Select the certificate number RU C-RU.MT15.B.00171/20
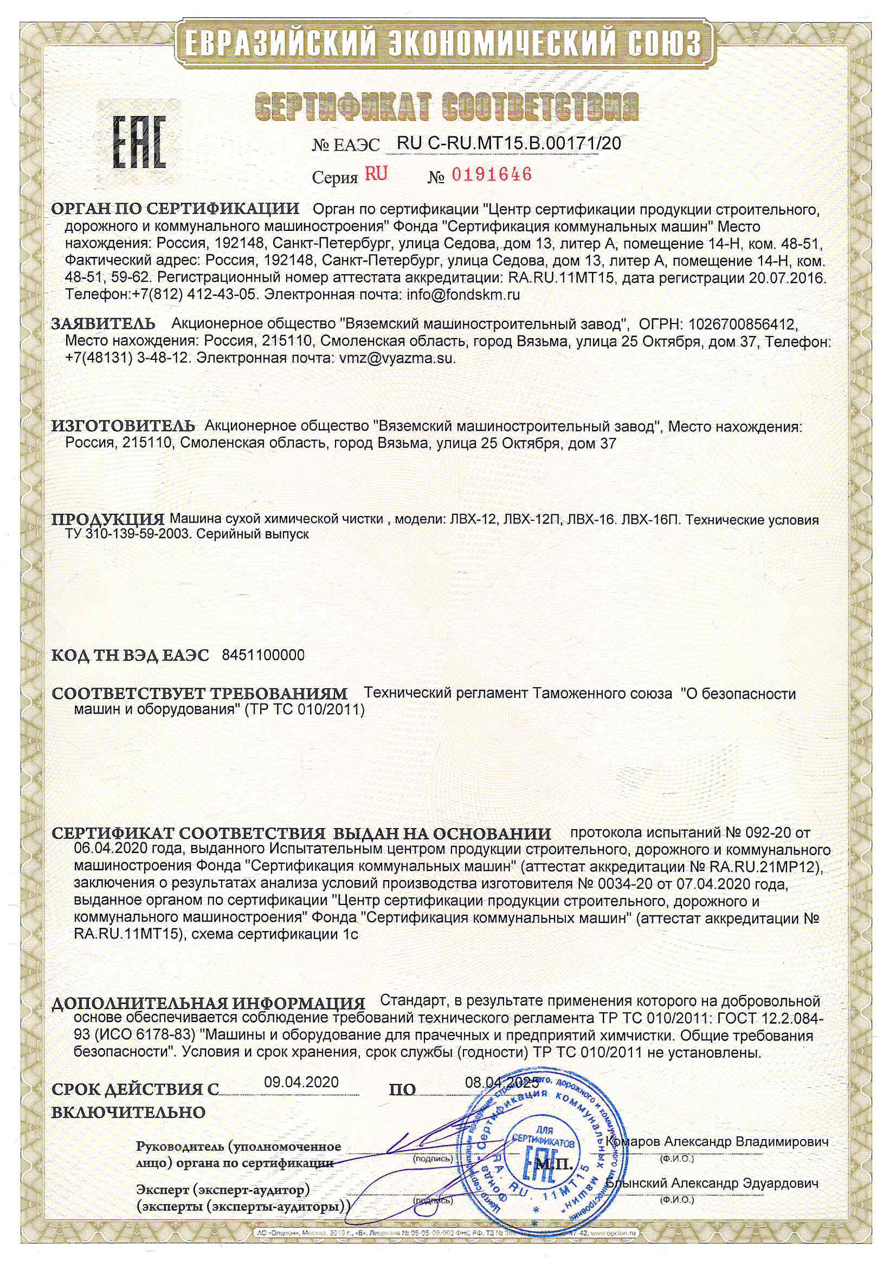tap(508, 144)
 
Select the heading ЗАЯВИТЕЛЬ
tap(103, 324)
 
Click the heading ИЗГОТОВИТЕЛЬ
tap(123, 426)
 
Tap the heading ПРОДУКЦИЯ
tap(108, 520)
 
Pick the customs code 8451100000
tap(263, 655)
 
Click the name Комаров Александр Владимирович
tap(717, 1142)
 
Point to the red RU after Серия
tap(376, 174)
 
